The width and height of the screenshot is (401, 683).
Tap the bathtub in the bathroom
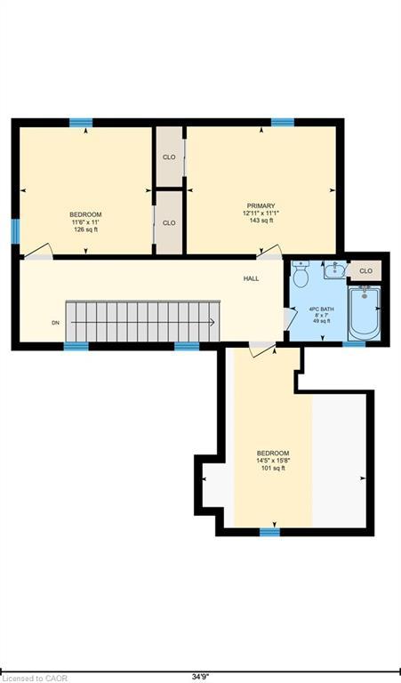[x=365, y=312]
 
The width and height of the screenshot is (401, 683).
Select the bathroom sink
[x=335, y=270]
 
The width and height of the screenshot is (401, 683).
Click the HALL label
[x=252, y=278]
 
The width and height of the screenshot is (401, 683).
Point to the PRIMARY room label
[x=261, y=205]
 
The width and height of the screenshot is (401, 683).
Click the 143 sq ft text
[x=261, y=221]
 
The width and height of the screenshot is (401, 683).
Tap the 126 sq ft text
[x=85, y=229]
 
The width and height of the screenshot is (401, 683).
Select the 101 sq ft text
[x=273, y=469]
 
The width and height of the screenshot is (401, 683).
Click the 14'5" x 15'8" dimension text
[x=273, y=461]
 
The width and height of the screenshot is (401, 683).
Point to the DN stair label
[x=55, y=323]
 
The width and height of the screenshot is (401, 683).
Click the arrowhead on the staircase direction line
[x=212, y=322]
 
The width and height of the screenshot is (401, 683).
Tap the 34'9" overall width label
[x=200, y=678]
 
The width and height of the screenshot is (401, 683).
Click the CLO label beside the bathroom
[x=365, y=271]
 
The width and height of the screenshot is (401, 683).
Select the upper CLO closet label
[x=169, y=157]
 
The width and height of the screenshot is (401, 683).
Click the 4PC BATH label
[x=321, y=309]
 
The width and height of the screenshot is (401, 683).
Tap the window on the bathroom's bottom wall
[x=354, y=344]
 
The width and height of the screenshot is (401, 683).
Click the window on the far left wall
[x=15, y=231]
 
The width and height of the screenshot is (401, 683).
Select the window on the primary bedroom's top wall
[x=283, y=123]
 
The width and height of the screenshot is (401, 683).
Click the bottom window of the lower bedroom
[x=270, y=532]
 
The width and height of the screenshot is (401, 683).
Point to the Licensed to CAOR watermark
[x=34, y=679]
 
